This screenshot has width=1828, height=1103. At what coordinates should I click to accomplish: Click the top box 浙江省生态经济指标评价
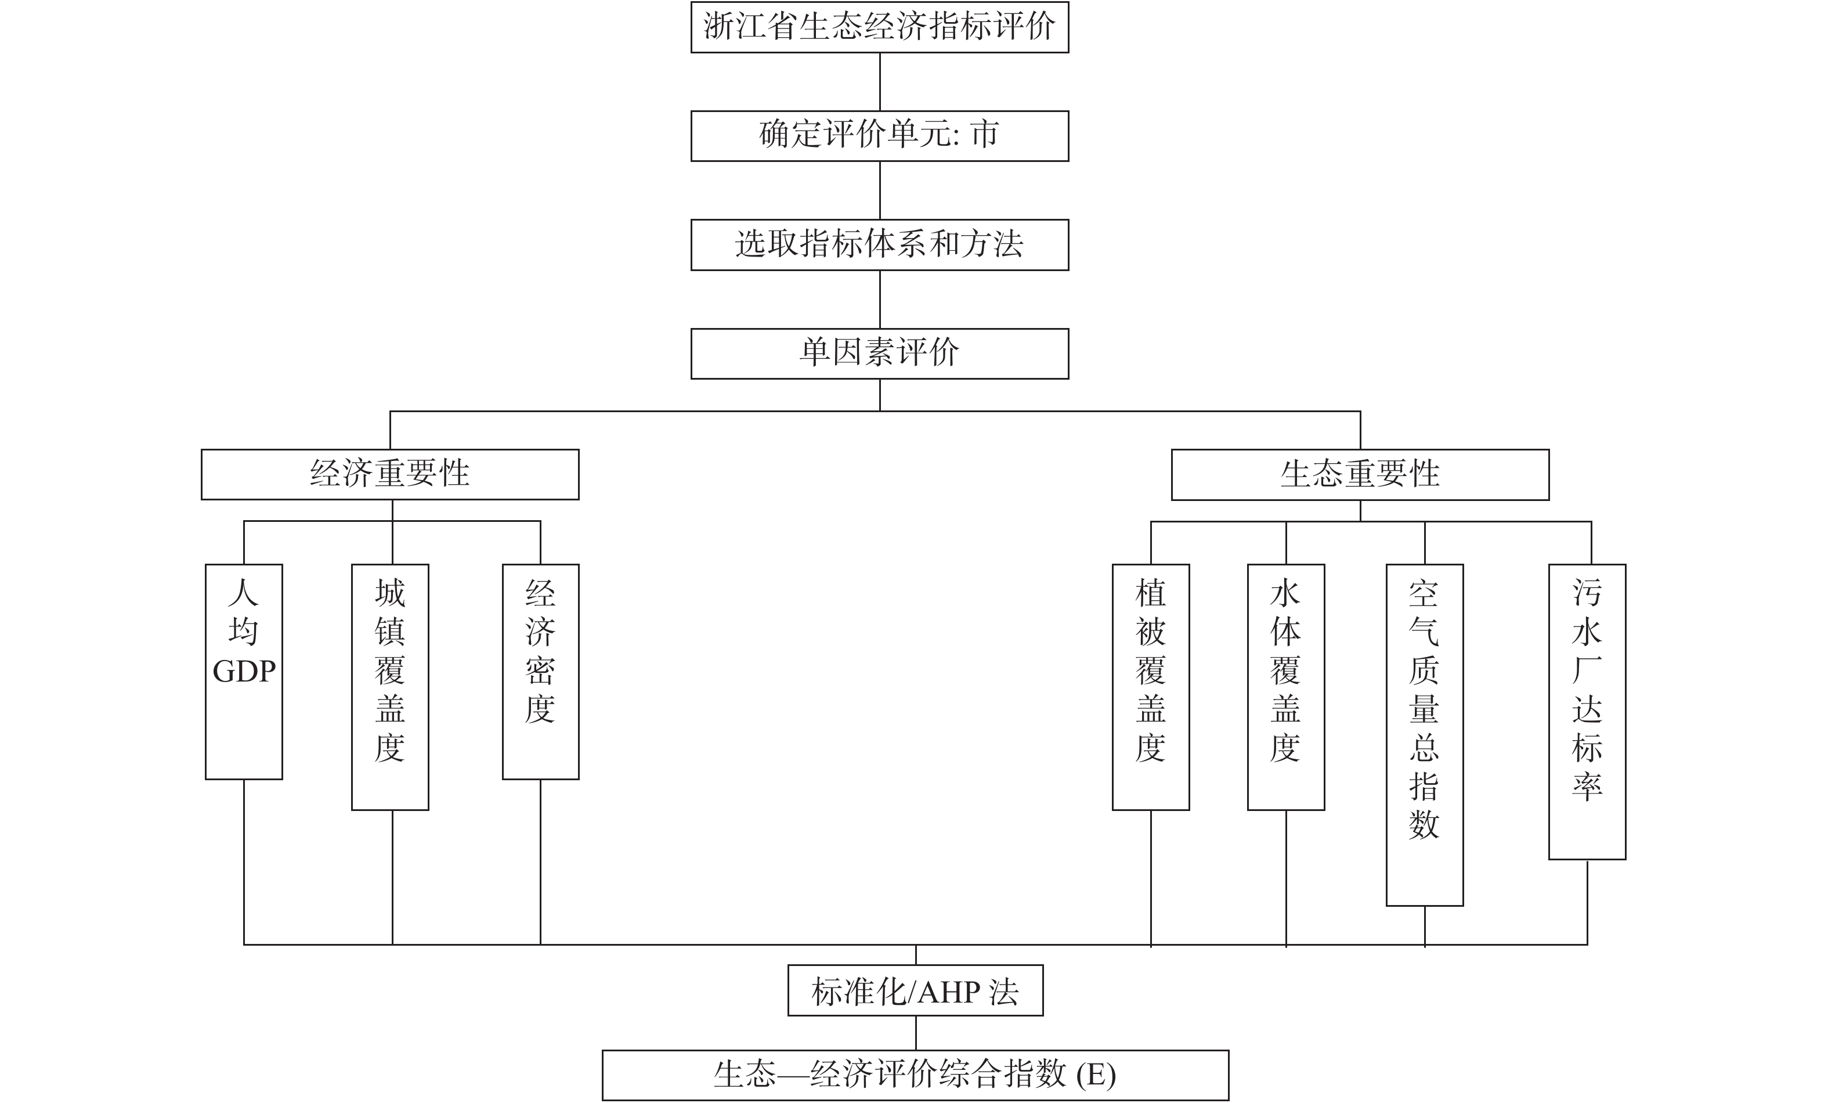(879, 27)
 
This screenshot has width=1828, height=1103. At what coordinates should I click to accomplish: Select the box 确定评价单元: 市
(879, 136)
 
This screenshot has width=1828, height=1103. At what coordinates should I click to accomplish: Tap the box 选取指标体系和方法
(879, 244)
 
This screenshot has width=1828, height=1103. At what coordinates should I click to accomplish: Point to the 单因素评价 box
(879, 354)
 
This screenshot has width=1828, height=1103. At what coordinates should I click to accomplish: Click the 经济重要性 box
(389, 474)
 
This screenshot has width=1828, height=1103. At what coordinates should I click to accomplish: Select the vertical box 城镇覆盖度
(389, 687)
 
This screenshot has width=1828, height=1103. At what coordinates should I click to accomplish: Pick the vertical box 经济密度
(540, 672)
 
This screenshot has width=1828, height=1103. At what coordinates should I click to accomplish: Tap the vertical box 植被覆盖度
(1151, 687)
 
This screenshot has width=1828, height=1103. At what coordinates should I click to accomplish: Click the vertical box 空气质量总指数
(1425, 735)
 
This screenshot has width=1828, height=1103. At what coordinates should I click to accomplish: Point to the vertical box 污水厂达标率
(1587, 712)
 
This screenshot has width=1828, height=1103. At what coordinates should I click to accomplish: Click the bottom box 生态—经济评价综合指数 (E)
(916, 1075)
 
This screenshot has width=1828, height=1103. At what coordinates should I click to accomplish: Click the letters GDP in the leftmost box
(244, 672)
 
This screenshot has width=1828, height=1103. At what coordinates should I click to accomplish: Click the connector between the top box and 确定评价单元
(880, 82)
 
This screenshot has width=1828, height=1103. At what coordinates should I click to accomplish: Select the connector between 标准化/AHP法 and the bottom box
(916, 1033)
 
